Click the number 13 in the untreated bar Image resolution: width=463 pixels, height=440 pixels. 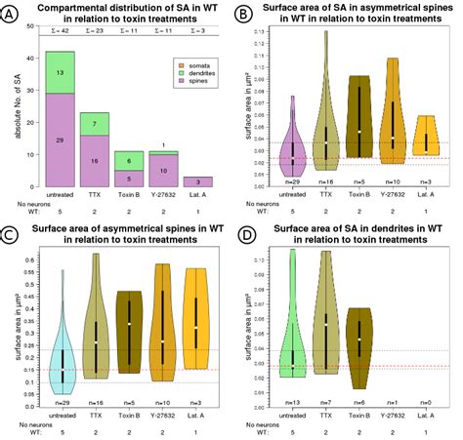[62, 72]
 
